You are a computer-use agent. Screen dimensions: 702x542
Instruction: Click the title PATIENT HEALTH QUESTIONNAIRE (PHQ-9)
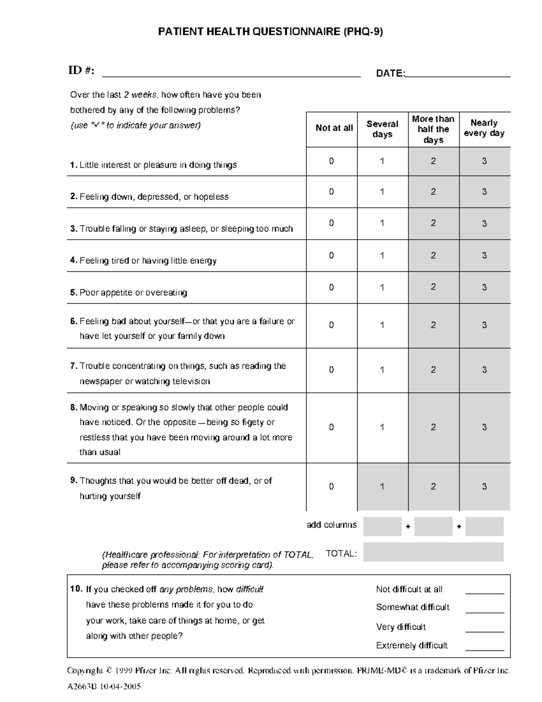270,32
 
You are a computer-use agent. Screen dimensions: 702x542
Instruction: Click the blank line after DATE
458,75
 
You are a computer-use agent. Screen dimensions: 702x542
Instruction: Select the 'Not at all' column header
334,128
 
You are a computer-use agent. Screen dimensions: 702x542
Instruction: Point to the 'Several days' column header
382,129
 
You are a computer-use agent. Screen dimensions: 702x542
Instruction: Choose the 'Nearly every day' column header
484,128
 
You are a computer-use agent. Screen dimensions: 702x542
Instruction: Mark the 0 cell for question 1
332,161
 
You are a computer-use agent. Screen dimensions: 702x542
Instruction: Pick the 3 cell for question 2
484,192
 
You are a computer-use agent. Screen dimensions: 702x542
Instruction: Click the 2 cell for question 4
433,255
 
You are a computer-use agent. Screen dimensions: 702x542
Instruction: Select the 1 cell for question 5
382,287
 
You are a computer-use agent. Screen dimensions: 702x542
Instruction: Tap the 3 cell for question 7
484,370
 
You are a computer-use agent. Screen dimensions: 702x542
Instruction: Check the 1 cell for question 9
382,486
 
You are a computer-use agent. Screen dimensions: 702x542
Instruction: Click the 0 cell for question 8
332,427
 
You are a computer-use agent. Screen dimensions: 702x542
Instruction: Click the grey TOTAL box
433,552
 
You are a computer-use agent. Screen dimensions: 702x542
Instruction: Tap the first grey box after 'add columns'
382,527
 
